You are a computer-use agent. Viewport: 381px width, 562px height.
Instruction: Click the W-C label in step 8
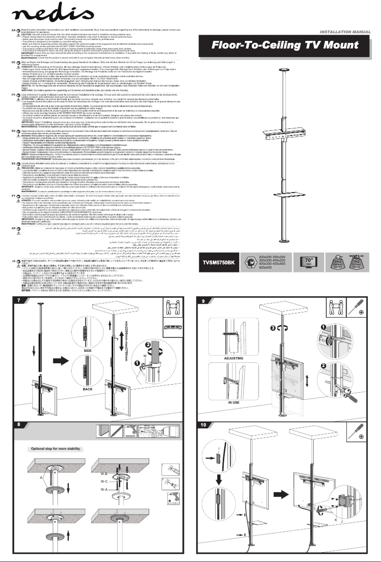click(x=117, y=482)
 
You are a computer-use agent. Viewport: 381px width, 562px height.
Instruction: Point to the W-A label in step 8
click(x=117, y=489)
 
